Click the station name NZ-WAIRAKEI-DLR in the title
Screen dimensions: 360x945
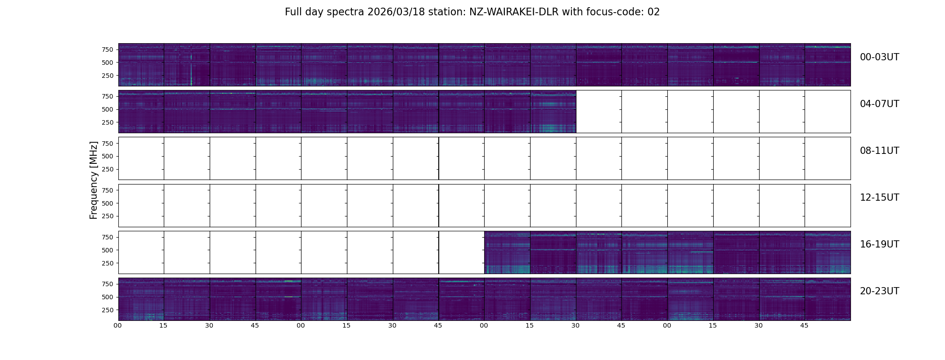click(x=513, y=12)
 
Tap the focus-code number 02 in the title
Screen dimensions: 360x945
click(x=653, y=12)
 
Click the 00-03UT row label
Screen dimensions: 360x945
click(x=879, y=57)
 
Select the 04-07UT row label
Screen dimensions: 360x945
click(x=879, y=104)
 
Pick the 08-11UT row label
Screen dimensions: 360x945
click(x=879, y=151)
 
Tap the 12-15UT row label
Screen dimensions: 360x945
click(x=879, y=198)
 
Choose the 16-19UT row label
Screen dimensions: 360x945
click(x=879, y=244)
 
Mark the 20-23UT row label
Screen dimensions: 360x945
click(x=879, y=291)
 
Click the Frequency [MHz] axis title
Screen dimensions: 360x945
click(x=94, y=180)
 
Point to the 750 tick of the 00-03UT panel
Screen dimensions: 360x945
click(x=107, y=49)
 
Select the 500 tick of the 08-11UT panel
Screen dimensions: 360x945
click(x=107, y=156)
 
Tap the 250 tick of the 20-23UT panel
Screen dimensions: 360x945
click(x=107, y=310)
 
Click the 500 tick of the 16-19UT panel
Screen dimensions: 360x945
click(x=107, y=250)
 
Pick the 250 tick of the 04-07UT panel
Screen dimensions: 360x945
click(x=107, y=122)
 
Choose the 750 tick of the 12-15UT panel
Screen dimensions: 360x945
click(x=107, y=190)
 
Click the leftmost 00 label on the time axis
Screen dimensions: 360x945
click(x=118, y=325)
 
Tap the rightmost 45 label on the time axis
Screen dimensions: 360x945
click(x=804, y=325)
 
